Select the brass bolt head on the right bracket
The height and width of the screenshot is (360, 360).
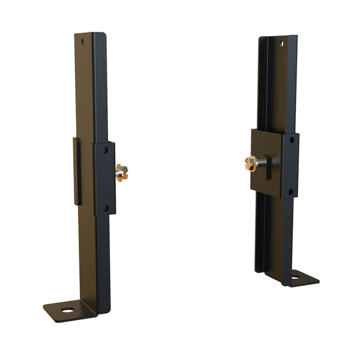[x=248, y=163]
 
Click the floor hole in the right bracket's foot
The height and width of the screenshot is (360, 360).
[x=295, y=277]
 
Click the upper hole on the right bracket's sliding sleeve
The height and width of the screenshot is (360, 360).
[x=291, y=139]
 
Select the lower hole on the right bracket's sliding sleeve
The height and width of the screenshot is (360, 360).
[x=290, y=192]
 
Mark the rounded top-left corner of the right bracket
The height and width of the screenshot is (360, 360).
[x=262, y=39]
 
